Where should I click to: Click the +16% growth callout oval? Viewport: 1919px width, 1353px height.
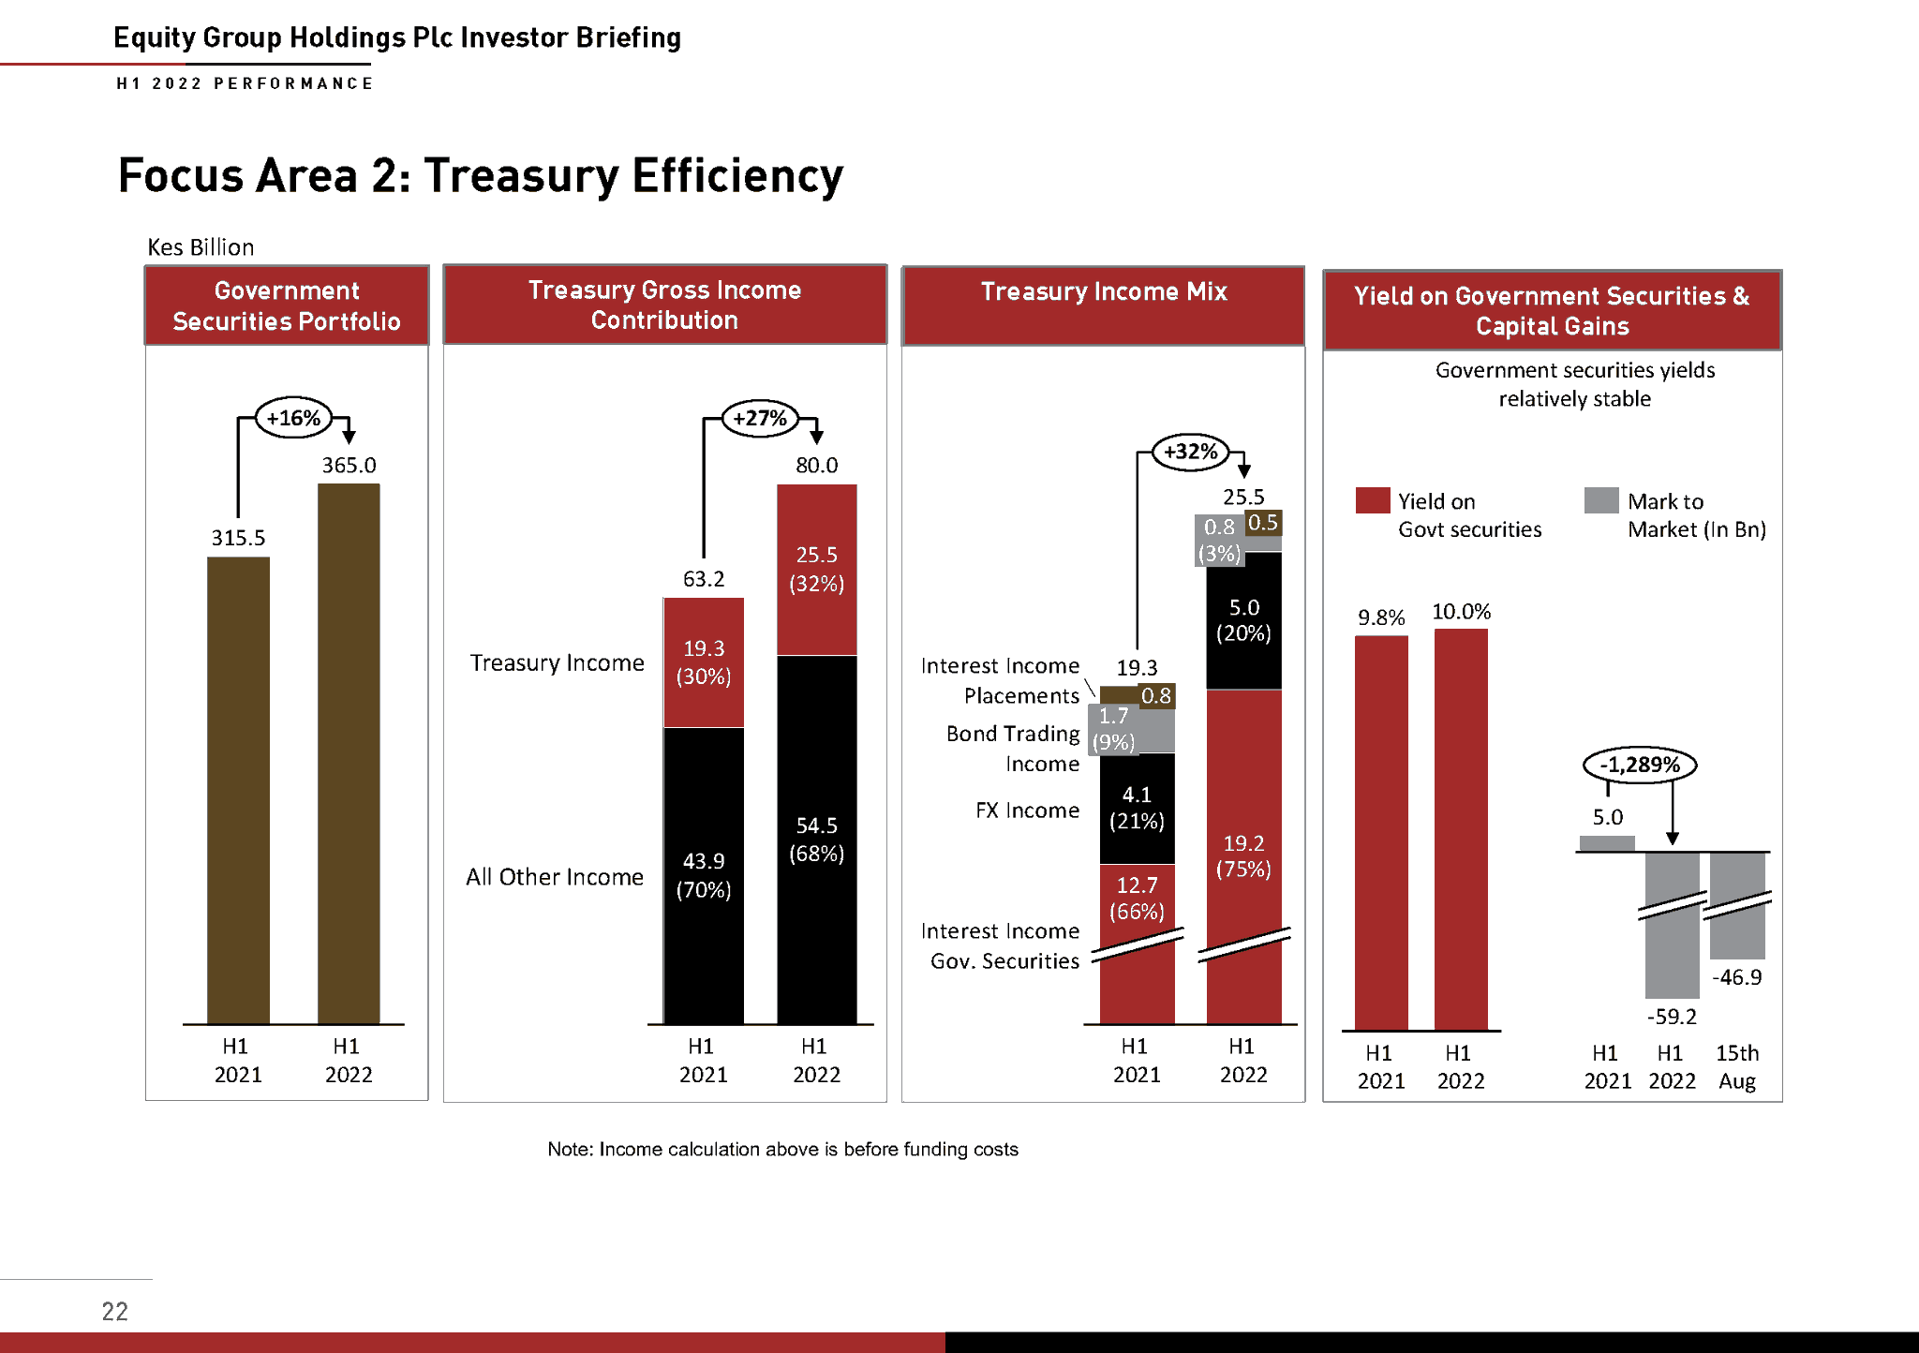coord(293,418)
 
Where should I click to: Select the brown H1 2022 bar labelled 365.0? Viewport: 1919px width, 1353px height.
coord(349,750)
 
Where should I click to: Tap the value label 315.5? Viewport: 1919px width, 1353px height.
coord(238,538)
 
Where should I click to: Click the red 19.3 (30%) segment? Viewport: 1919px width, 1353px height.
coord(704,662)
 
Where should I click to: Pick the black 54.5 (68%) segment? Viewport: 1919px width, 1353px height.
coord(816,839)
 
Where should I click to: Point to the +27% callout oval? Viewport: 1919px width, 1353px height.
coord(760,418)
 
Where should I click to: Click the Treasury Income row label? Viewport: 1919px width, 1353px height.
coord(557,663)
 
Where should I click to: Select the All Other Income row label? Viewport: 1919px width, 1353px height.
coord(555,877)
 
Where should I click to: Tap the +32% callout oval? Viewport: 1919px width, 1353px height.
coord(1190,452)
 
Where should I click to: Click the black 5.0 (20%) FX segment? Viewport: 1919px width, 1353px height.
coord(1243,620)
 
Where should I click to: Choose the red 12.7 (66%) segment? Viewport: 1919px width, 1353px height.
coord(1137,898)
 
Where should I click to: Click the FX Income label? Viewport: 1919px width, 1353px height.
coord(1027,810)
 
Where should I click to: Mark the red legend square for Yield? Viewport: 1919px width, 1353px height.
coord(1372,500)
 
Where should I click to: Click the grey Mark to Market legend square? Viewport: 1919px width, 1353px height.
coord(1600,500)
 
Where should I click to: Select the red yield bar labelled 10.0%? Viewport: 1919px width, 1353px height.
coord(1461,829)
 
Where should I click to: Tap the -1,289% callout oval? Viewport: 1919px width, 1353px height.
coord(1639,765)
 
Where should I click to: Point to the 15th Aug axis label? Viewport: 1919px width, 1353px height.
coord(1737,1066)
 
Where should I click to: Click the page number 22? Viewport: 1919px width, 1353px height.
coord(114,1311)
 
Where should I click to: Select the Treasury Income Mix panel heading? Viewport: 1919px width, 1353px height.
coord(1103,292)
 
